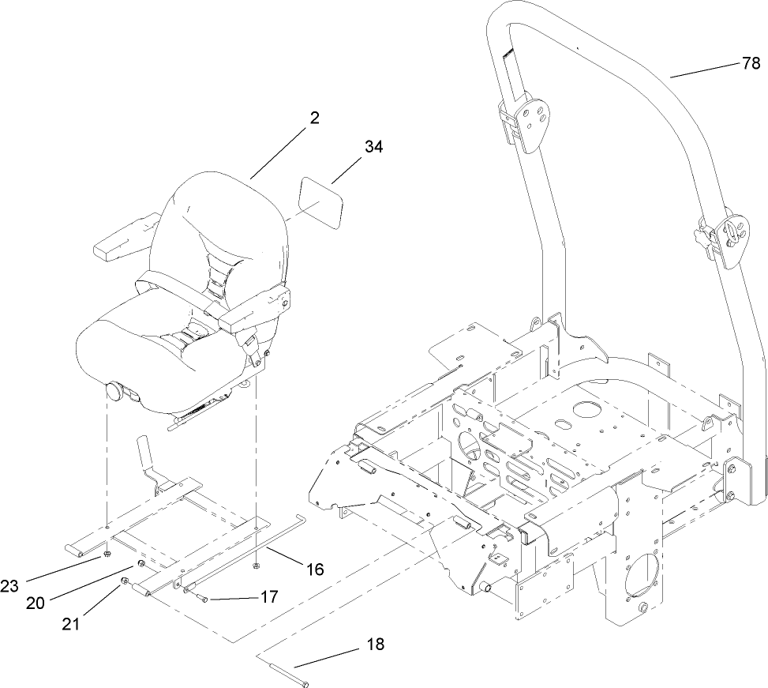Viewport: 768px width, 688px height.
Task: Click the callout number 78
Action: point(751,64)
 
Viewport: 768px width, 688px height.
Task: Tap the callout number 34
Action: point(374,147)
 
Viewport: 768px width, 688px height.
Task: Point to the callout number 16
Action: point(314,569)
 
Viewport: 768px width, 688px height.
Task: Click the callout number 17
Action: point(268,597)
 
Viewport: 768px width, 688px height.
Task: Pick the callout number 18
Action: point(375,645)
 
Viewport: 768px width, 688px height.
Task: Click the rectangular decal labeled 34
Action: point(320,203)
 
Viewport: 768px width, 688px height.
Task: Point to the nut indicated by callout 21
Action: point(125,583)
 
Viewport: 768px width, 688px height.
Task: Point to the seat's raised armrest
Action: point(119,239)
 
